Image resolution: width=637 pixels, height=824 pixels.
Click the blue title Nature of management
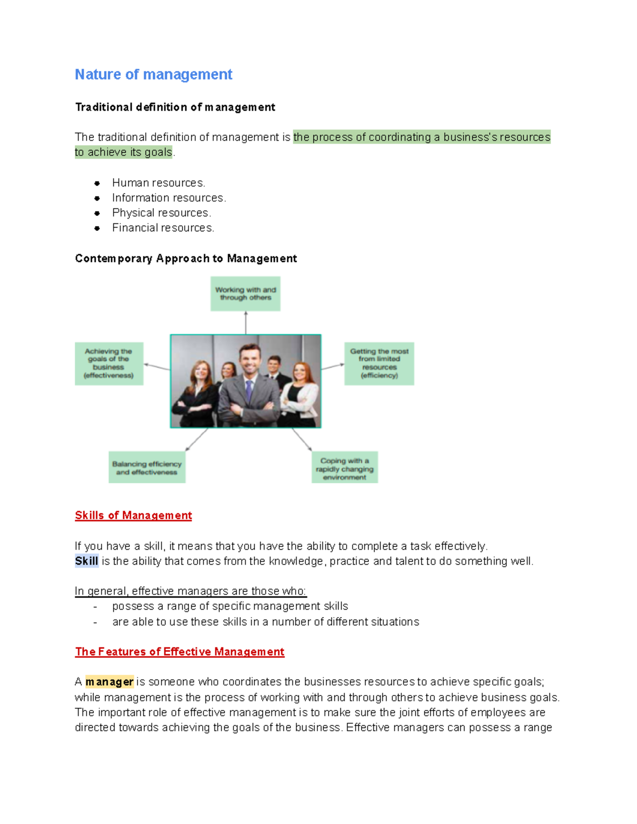153,75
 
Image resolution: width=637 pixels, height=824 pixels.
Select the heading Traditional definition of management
175,107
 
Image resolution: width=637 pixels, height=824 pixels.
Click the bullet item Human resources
158,183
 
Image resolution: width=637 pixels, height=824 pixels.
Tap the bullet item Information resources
169,198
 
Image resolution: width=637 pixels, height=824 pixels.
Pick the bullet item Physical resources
161,213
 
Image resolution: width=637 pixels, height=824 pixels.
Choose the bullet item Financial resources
163,228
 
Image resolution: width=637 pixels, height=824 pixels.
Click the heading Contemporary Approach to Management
186,258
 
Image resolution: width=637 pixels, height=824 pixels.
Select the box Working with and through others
245,294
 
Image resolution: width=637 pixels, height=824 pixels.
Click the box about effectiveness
109,363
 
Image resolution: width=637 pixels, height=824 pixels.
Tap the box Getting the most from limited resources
379,363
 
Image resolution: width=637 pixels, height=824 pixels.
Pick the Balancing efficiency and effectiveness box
147,467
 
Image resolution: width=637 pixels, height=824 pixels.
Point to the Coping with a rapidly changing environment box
345,467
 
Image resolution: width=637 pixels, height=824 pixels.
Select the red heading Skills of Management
133,515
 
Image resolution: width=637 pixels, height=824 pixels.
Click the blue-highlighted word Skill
87,561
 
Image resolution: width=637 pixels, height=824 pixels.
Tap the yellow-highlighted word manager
109,682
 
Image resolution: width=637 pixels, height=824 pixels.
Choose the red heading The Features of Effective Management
179,652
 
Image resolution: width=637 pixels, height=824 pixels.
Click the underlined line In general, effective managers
191,592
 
